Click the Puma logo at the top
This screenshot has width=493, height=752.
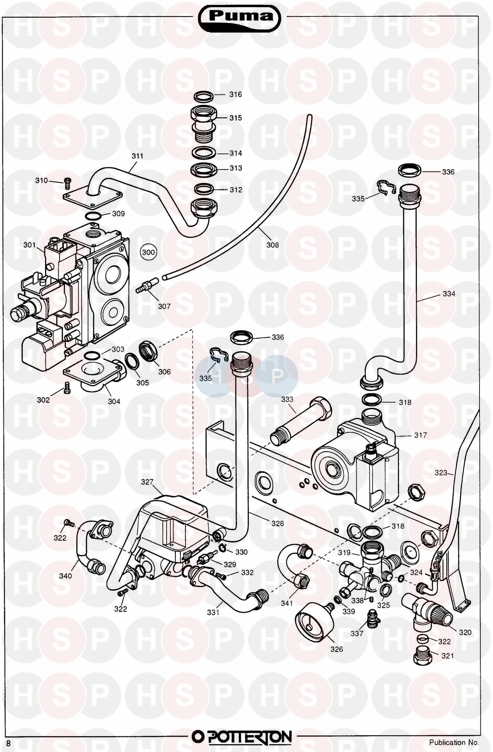pyautogui.click(x=240, y=17)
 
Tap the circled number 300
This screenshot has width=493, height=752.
pyautogui.click(x=148, y=252)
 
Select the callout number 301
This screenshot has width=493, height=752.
pyautogui.click(x=30, y=245)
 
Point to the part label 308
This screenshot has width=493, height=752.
pyautogui.click(x=272, y=245)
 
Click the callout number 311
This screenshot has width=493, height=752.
pyautogui.click(x=137, y=156)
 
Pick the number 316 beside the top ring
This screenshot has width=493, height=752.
pyautogui.click(x=235, y=95)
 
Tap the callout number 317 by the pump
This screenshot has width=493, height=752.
pyautogui.click(x=420, y=435)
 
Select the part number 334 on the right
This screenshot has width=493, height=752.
pyautogui.click(x=449, y=294)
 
